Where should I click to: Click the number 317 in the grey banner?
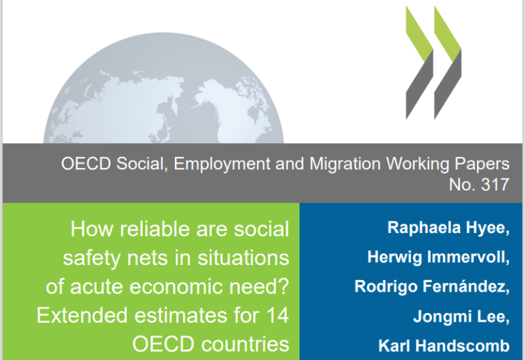coord(495,184)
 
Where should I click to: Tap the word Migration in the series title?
coord(345,164)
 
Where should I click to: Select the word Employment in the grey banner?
coord(222,164)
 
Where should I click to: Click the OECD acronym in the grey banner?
coord(85,164)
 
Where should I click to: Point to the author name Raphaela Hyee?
coord(448,228)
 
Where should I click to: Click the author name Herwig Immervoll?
coord(438,258)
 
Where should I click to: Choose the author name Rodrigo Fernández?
coord(431,286)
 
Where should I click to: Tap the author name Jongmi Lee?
coord(461,316)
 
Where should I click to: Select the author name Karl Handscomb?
coord(444,346)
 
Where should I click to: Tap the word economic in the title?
coord(176,287)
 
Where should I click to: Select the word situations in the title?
coord(243,258)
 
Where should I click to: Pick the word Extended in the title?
coord(82,316)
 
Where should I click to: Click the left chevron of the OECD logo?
coord(419,63)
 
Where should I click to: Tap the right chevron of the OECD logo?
coord(448,63)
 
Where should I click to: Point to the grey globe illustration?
coord(163,90)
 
